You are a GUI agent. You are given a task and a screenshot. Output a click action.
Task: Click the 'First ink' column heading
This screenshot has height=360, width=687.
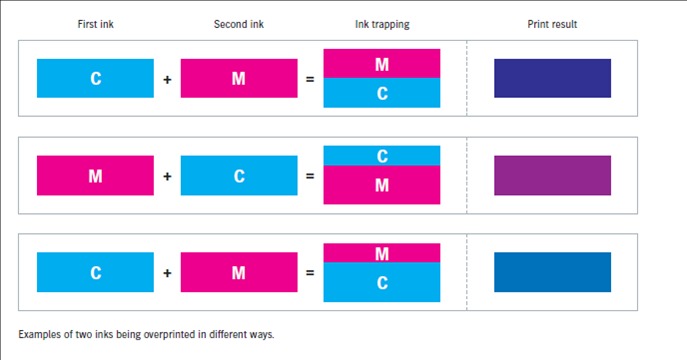click(x=96, y=24)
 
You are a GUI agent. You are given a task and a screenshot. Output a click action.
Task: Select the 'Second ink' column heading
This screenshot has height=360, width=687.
click(x=239, y=24)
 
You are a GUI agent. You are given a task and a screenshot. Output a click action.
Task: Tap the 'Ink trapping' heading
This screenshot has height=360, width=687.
click(x=382, y=25)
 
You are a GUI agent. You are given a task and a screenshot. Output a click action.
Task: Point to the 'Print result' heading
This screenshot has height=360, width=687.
click(x=552, y=24)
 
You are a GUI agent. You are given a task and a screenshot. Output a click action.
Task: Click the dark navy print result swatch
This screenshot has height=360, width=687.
click(x=552, y=78)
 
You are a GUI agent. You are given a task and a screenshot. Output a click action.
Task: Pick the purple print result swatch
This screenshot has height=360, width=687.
click(x=552, y=175)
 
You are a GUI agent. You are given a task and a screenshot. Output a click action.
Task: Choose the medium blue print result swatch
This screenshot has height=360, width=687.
click(x=552, y=272)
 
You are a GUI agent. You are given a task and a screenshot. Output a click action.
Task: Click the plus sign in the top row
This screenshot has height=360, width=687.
click(x=167, y=80)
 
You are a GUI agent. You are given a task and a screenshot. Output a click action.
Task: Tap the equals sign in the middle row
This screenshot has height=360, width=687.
click(x=310, y=176)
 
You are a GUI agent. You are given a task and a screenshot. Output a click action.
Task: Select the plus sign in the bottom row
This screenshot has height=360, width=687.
click(x=167, y=273)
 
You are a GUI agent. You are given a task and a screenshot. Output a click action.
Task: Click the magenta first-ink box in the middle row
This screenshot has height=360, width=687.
click(x=95, y=175)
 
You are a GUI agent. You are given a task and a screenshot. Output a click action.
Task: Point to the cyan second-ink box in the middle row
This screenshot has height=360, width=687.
click(x=239, y=175)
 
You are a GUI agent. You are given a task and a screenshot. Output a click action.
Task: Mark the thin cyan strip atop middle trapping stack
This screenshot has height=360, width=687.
click(x=382, y=155)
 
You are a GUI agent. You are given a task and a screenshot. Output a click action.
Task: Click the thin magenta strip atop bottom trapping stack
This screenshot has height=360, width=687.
click(x=382, y=253)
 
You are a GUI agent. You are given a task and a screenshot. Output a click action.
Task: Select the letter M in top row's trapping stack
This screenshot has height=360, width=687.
click(x=382, y=65)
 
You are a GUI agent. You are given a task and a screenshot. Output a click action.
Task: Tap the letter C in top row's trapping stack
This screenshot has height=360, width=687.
click(x=382, y=93)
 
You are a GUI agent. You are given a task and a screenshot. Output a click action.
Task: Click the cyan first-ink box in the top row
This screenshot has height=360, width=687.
click(x=95, y=78)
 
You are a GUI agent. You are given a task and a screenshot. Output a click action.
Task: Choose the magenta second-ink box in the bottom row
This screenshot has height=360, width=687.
click(x=239, y=272)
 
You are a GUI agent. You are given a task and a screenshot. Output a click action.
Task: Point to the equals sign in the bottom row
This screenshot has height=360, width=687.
click(x=310, y=273)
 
